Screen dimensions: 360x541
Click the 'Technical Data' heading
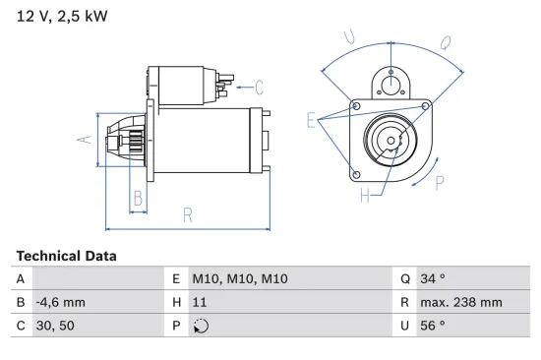(x=66, y=256)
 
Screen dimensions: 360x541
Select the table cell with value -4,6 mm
(x=60, y=303)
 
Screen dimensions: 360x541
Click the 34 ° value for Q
(x=432, y=279)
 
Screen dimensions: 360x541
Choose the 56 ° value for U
(x=432, y=326)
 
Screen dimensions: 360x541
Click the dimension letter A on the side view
(x=86, y=140)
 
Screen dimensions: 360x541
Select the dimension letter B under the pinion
(x=138, y=198)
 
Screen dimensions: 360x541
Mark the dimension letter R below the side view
(x=187, y=214)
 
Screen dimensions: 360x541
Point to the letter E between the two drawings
(x=311, y=121)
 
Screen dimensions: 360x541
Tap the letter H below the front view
(x=365, y=196)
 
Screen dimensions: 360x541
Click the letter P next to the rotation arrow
(x=441, y=182)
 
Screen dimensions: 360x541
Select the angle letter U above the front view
(x=347, y=36)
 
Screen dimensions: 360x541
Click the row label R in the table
(x=404, y=303)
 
